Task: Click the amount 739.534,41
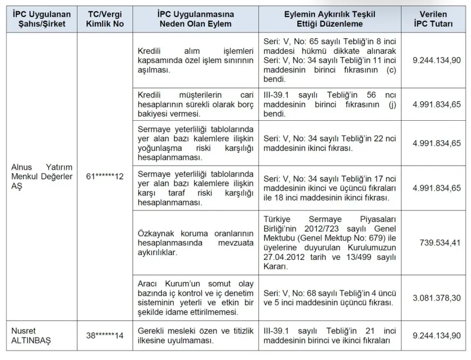pyautogui.click(x=439, y=242)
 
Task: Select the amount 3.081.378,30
pyautogui.click(x=436, y=298)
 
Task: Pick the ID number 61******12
pyautogui.click(x=104, y=177)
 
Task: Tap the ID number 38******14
pyautogui.click(x=104, y=336)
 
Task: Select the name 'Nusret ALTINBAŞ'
pyautogui.click(x=32, y=336)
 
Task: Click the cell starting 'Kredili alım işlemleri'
pyautogui.click(x=195, y=60)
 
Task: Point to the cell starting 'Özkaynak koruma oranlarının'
pyautogui.click(x=195, y=242)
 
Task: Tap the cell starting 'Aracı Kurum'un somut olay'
pyautogui.click(x=195, y=298)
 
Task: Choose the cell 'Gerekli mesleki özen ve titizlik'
pyautogui.click(x=195, y=336)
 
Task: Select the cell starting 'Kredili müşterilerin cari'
pyautogui.click(x=195, y=104)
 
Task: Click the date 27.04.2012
pyautogui.click(x=285, y=257)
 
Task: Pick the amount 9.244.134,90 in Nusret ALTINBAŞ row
pyautogui.click(x=436, y=335)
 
